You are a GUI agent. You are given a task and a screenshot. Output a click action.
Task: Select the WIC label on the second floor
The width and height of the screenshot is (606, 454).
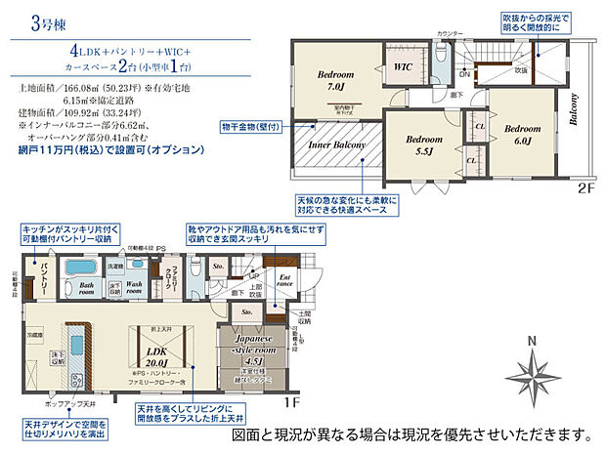coord(404,66)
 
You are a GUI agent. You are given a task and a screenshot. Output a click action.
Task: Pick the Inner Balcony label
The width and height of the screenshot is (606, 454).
coord(338,146)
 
